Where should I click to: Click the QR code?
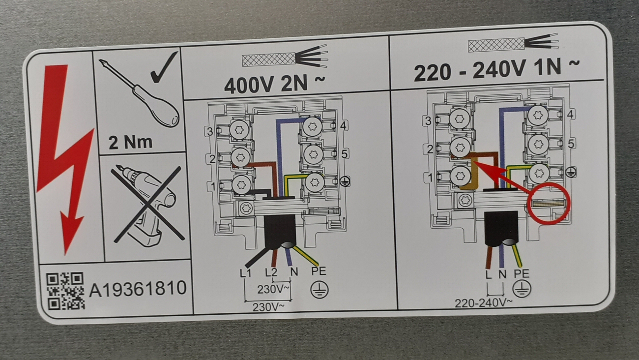tap(65, 291)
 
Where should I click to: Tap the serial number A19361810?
tap(138, 288)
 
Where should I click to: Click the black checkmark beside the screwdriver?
tap(164, 68)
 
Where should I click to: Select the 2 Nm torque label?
tap(131, 143)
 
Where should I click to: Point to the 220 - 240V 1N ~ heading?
tap(496, 69)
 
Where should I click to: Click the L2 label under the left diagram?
tap(271, 272)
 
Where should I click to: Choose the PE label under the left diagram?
tap(319, 271)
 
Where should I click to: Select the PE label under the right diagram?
tap(522, 274)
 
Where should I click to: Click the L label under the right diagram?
tap(489, 274)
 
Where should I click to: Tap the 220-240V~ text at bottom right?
tap(484, 303)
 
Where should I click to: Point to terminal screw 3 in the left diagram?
tap(239, 130)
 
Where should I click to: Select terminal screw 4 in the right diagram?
tap(538, 116)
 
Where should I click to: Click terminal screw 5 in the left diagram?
tap(313, 154)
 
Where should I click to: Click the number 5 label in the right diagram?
tap(571, 144)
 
